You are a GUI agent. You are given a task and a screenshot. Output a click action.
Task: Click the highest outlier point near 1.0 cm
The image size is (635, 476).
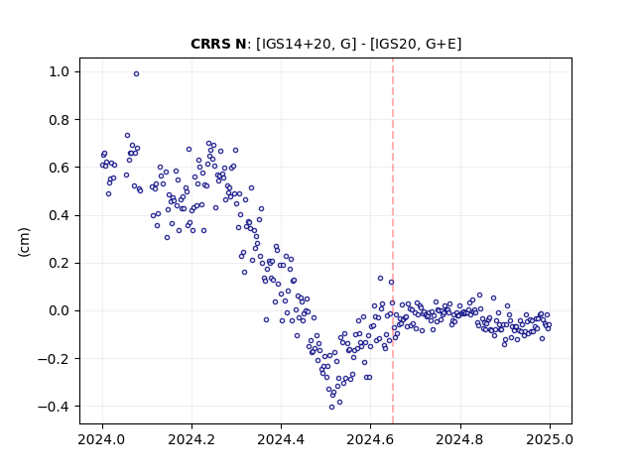point(137,74)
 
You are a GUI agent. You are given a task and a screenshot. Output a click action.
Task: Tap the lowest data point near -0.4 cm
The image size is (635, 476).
point(331,408)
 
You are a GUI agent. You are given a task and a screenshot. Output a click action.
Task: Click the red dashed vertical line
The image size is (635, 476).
point(393,241)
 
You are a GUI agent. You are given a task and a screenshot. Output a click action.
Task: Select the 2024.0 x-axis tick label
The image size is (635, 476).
point(102,439)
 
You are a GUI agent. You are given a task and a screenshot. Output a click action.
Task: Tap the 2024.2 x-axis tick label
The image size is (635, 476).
point(191,439)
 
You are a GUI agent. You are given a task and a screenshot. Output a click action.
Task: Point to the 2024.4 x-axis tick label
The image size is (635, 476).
point(281,439)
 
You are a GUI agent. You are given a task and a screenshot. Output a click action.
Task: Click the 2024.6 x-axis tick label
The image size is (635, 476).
point(370,439)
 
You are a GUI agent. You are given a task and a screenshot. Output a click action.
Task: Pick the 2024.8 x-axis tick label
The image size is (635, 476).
point(460,439)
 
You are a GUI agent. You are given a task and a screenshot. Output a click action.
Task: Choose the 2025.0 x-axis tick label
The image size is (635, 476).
point(550,439)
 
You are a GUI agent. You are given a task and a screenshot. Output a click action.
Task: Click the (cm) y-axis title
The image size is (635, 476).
point(24,242)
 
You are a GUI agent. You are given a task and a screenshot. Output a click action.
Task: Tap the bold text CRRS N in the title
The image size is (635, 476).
point(218,44)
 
